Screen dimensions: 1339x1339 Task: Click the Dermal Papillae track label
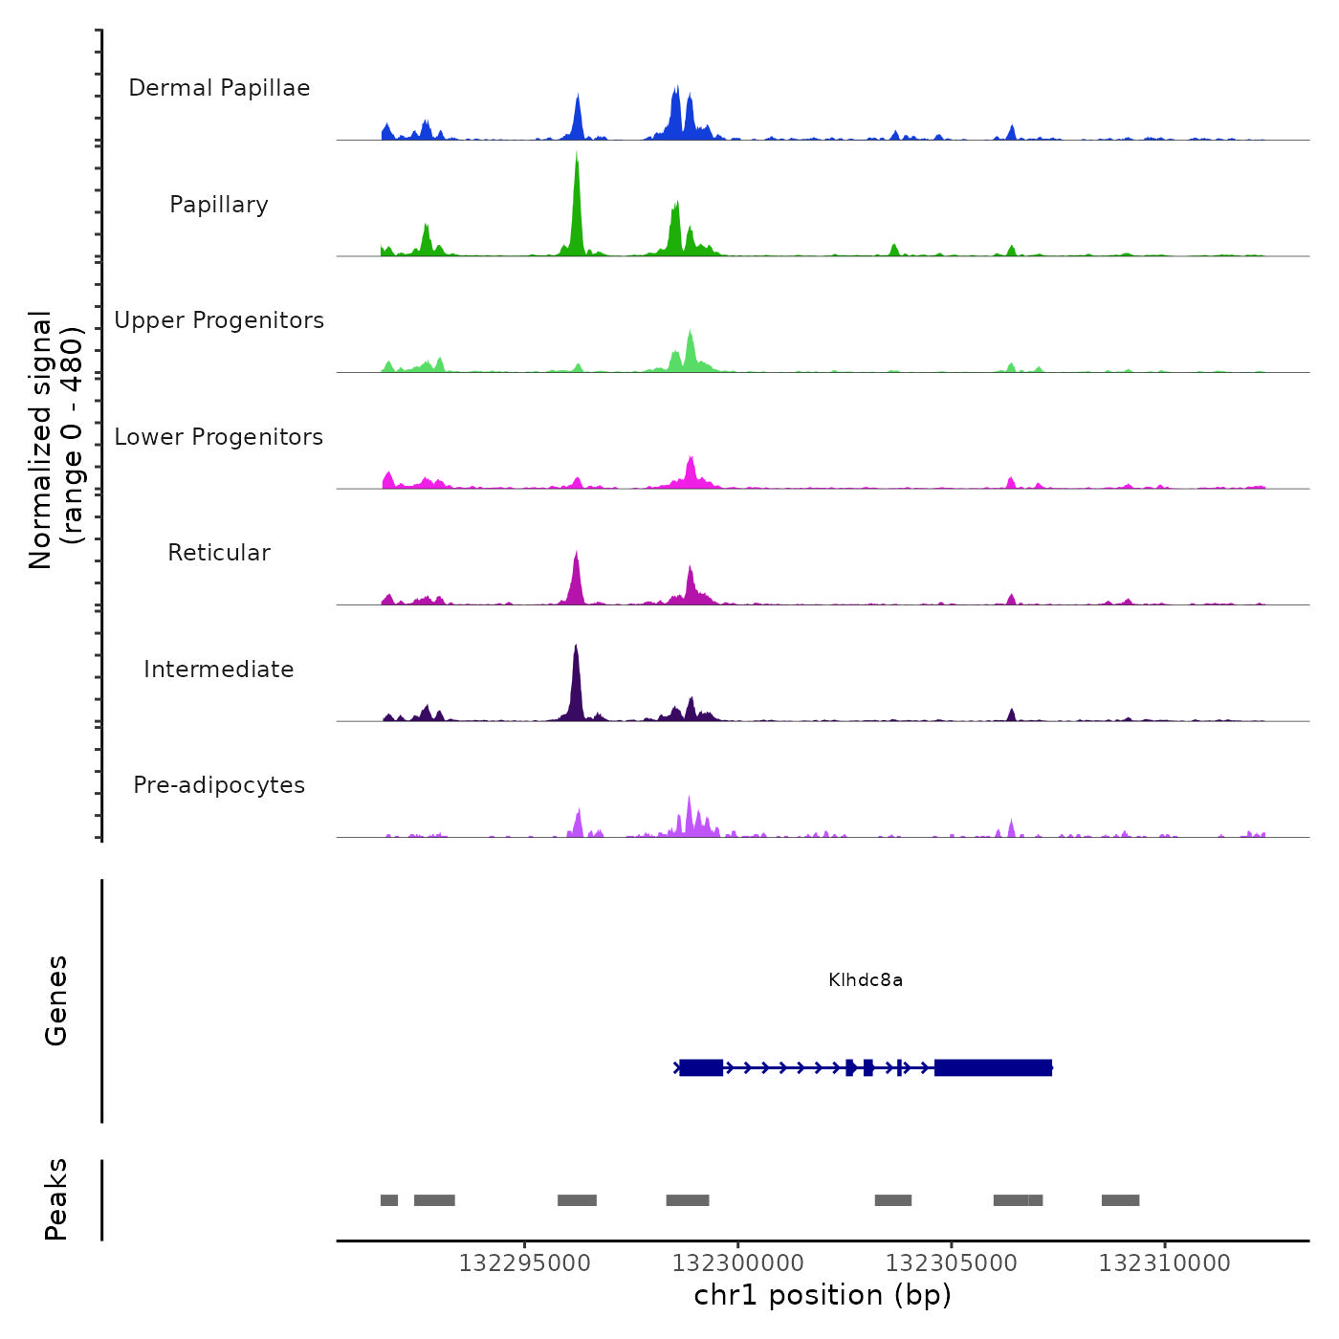click(x=219, y=88)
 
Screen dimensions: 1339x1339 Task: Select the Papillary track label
click(x=219, y=205)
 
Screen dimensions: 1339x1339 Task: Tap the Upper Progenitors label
click(x=219, y=320)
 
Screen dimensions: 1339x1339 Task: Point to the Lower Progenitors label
click(x=219, y=437)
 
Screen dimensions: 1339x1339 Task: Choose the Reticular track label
click(x=219, y=553)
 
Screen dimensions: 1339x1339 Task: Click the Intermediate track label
click(x=219, y=669)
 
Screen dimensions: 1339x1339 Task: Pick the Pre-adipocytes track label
click(x=219, y=785)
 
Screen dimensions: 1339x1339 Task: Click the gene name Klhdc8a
click(x=866, y=980)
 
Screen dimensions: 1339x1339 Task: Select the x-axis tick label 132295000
click(x=525, y=1263)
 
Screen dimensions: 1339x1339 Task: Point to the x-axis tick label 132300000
click(x=738, y=1263)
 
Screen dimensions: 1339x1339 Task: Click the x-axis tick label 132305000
click(x=952, y=1263)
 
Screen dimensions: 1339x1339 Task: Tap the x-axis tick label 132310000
click(x=1165, y=1263)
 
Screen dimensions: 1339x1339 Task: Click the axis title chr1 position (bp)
click(x=823, y=1295)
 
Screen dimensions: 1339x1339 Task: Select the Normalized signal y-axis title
click(x=55, y=440)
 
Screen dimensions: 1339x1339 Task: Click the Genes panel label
click(x=56, y=1000)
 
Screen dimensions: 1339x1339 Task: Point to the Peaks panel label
click(x=56, y=1199)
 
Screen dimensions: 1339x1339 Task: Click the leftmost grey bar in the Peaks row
click(x=389, y=1200)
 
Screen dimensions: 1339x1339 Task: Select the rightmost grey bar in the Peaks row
click(x=1120, y=1200)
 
